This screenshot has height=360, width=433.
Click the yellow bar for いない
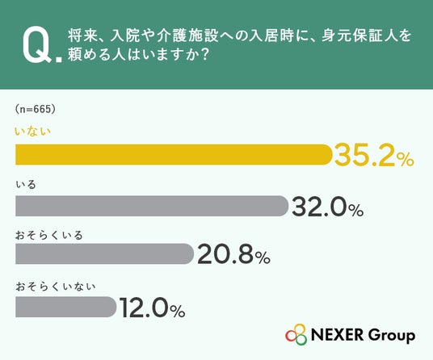(174, 154)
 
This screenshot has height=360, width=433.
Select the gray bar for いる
(152, 206)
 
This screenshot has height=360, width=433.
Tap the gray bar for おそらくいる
(104, 253)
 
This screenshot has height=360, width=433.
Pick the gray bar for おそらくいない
(65, 307)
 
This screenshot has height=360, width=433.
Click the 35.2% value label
(374, 155)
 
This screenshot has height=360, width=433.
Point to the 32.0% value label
(327, 207)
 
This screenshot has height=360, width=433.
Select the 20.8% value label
(233, 254)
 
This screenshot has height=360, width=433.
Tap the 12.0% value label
(152, 308)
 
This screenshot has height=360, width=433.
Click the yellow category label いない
(33, 132)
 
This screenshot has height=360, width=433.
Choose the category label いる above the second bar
(26, 184)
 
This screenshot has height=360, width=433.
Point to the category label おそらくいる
(49, 236)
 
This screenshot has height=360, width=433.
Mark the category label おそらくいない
(56, 287)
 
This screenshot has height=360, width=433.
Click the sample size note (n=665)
(35, 109)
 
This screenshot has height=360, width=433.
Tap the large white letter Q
(37, 45)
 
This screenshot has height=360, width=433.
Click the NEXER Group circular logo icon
(296, 334)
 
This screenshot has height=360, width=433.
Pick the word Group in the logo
(392, 336)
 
